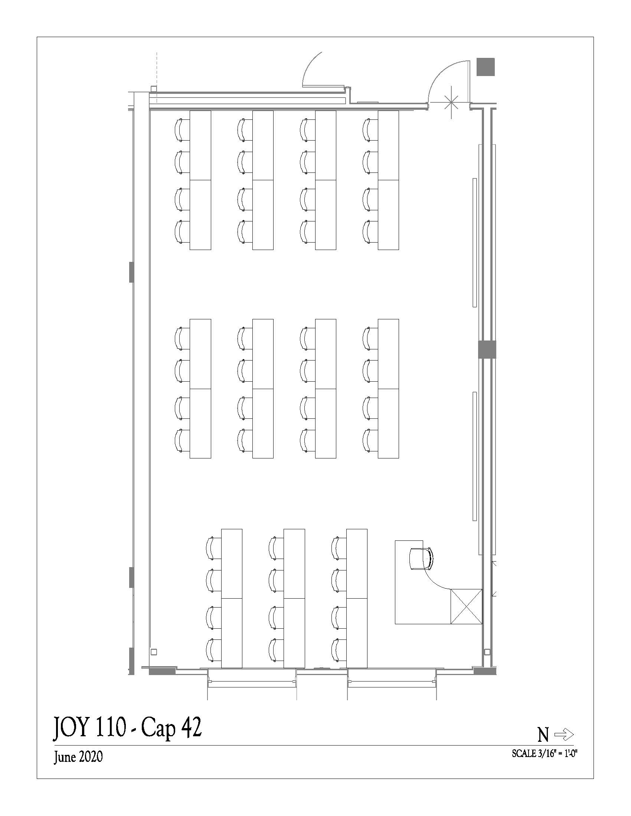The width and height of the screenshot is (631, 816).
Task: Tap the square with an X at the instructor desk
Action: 466,606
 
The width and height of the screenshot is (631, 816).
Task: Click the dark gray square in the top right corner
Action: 485,67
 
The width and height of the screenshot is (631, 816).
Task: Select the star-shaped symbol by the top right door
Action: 452,102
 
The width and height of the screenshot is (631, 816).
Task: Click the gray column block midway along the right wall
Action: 487,350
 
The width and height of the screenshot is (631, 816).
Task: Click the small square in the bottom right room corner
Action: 487,652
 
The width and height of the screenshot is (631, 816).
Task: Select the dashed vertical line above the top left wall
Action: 157,69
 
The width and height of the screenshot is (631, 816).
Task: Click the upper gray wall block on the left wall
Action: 131,272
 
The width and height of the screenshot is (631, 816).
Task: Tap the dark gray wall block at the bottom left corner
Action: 162,671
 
